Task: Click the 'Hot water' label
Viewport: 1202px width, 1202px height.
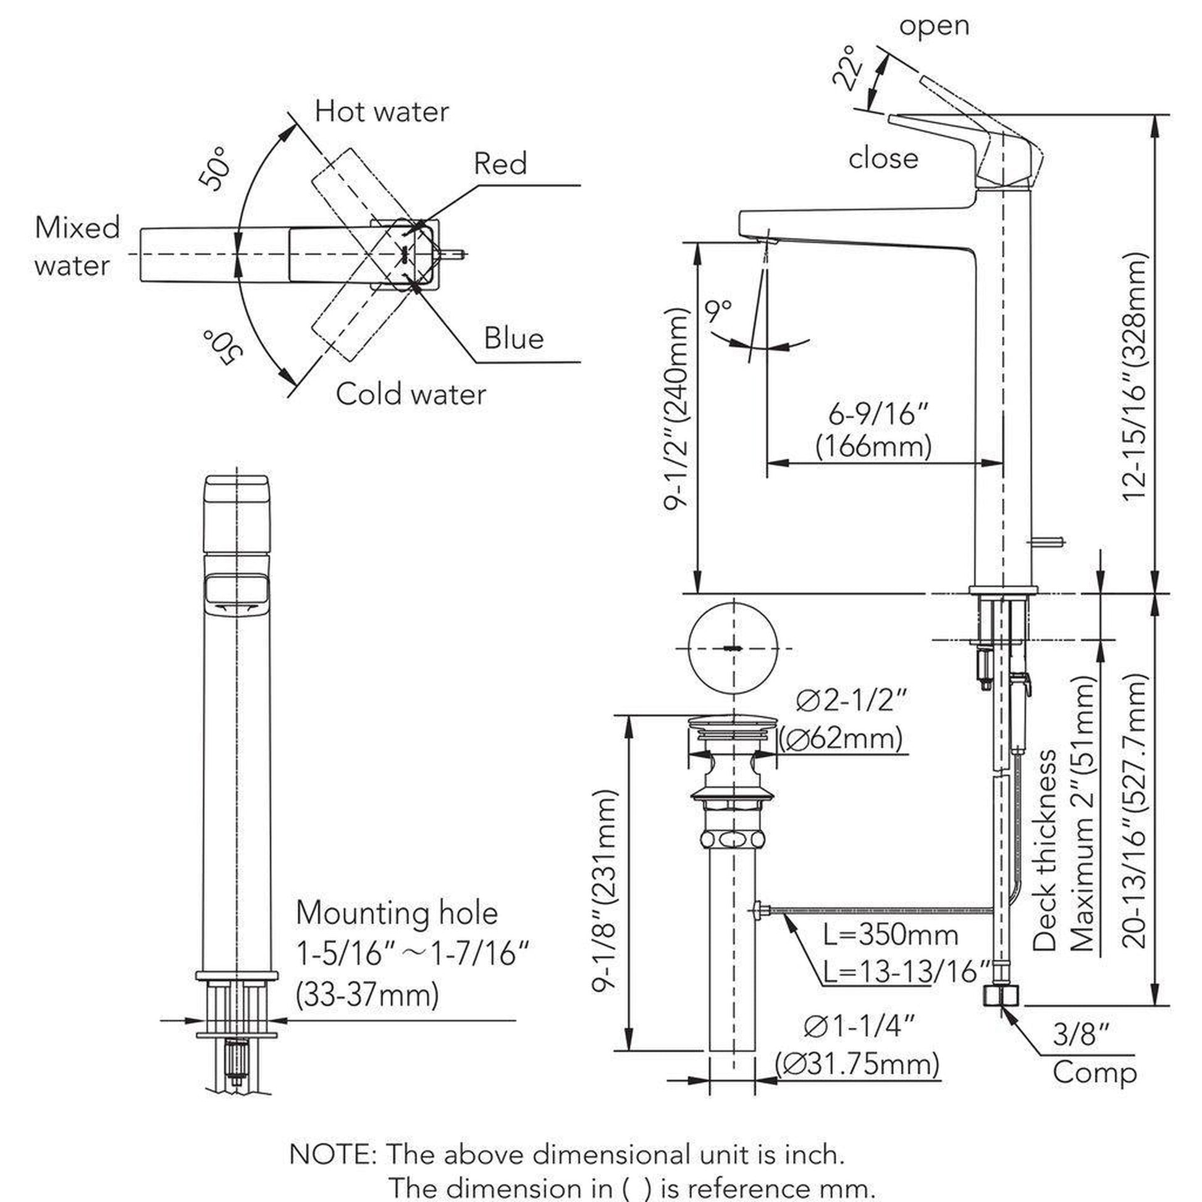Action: click(381, 112)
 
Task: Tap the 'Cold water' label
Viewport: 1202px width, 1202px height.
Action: click(411, 395)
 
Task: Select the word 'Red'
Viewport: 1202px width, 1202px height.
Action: click(500, 164)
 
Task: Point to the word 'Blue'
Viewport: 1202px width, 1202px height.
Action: click(514, 338)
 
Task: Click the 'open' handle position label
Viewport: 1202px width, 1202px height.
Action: click(934, 26)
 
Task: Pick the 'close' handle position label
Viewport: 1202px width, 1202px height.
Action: click(883, 159)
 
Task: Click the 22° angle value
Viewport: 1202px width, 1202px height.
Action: click(848, 67)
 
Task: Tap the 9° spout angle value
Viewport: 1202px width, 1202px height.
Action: click(718, 311)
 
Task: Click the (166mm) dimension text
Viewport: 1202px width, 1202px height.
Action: click(873, 446)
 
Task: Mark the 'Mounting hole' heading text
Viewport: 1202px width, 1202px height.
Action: click(397, 914)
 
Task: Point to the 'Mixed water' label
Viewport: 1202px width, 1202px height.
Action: click(77, 246)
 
